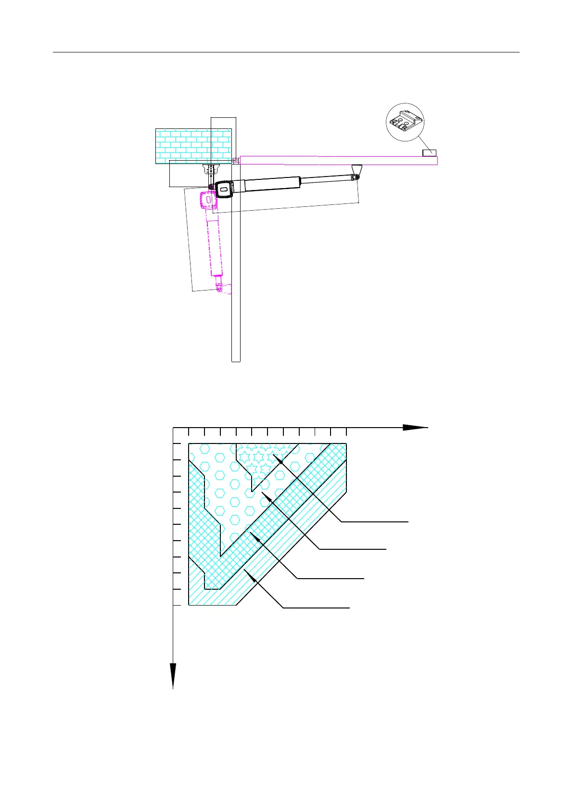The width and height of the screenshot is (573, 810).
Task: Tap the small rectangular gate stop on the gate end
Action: pyautogui.click(x=429, y=153)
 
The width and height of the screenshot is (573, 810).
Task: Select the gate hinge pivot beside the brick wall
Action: pyautogui.click(x=235, y=161)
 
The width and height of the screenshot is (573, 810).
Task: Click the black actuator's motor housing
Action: pyautogui.click(x=224, y=189)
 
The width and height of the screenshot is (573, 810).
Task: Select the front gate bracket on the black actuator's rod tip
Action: pyautogui.click(x=357, y=171)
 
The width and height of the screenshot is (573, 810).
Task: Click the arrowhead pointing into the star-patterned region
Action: pyautogui.click(x=281, y=459)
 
